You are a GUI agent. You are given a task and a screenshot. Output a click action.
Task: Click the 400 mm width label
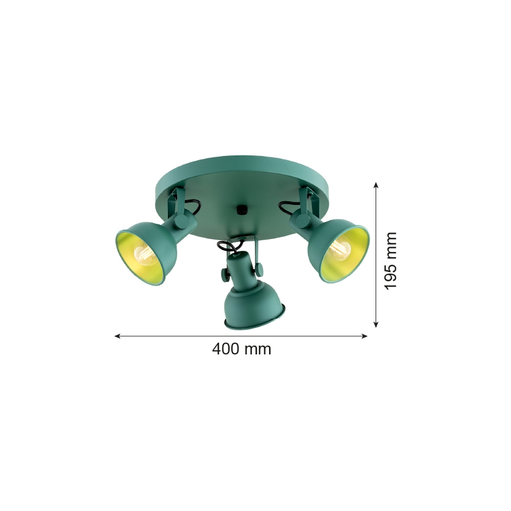pos(241,349)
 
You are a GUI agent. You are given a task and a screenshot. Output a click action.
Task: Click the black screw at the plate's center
pos(240,209)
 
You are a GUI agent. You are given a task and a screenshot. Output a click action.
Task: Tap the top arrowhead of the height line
pos(376,185)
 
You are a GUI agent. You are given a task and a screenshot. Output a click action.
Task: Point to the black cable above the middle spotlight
pos(227,246)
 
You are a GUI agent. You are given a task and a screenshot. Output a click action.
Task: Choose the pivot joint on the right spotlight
pos(301,220)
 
